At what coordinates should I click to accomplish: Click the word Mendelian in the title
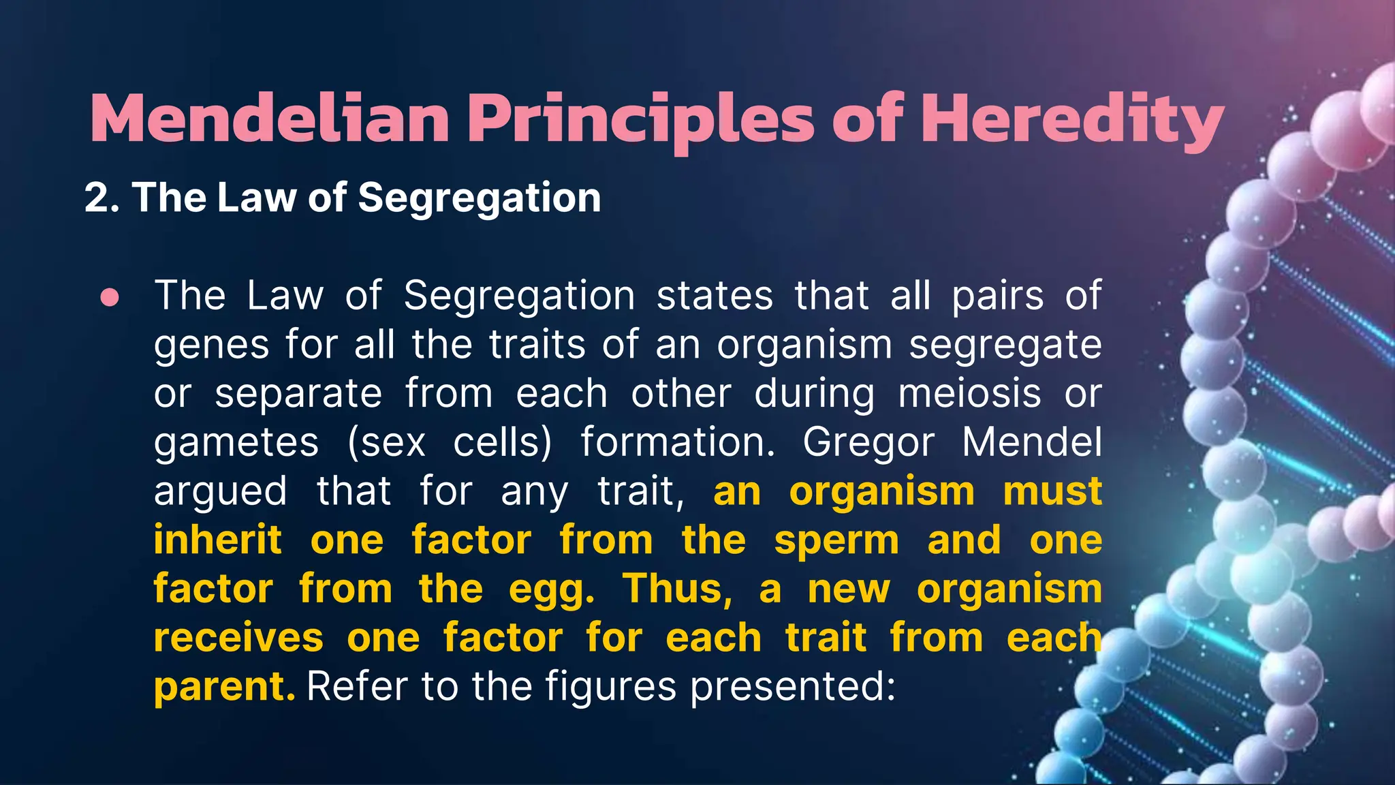tap(269, 120)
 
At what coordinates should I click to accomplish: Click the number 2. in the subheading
tap(102, 198)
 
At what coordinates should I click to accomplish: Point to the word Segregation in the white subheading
tap(479, 199)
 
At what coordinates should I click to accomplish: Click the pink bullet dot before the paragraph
tap(110, 298)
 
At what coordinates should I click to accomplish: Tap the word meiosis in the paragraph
tap(969, 394)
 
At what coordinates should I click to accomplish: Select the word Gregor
tap(868, 444)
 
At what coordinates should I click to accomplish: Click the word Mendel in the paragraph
tap(1031, 442)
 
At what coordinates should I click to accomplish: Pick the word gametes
tap(236, 444)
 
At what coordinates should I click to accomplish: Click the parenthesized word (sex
tap(386, 444)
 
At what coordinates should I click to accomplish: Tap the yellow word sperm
tap(836, 541)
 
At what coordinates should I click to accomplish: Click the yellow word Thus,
tap(677, 589)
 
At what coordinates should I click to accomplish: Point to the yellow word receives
tap(238, 638)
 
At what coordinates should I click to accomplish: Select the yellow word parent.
tap(223, 688)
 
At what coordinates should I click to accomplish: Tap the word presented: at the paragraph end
tap(792, 687)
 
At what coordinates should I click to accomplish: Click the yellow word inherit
tap(217, 540)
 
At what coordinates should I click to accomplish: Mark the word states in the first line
tap(715, 296)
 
